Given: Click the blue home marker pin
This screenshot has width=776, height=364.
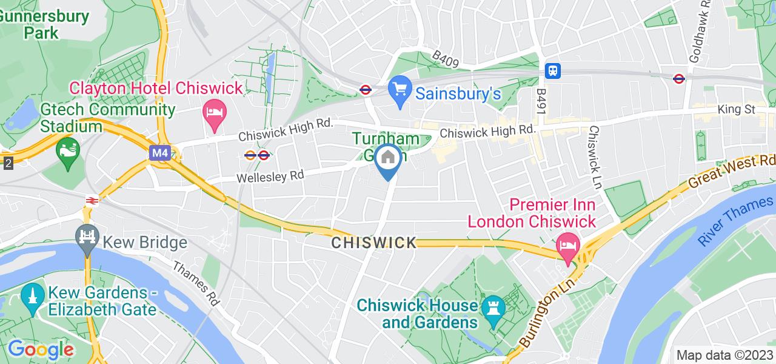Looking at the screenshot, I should [388, 159].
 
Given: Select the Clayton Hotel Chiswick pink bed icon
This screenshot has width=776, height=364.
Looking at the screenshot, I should [214, 113].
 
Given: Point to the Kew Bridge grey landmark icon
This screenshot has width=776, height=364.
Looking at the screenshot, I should [87, 235].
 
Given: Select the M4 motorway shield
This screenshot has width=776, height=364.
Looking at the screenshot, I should [159, 153].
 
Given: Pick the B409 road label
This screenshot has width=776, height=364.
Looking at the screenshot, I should [446, 59].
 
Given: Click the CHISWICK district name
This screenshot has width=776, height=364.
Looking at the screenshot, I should [374, 243].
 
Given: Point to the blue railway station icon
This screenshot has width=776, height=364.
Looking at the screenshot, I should [553, 70].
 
